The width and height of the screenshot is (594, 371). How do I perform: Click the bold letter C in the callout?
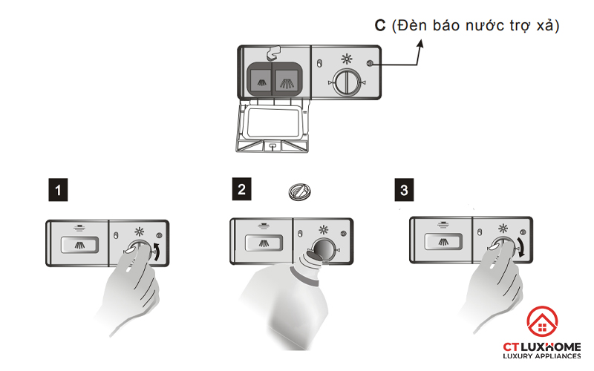(x=379, y=25)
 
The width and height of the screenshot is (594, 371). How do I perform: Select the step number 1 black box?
(x=59, y=191)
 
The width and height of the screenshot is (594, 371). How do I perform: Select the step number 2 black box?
(x=241, y=190)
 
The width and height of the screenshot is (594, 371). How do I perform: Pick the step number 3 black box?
(x=404, y=190)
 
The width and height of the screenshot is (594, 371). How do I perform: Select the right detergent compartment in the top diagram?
(x=286, y=79)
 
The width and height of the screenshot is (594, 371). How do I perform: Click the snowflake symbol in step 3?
(x=504, y=229)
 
